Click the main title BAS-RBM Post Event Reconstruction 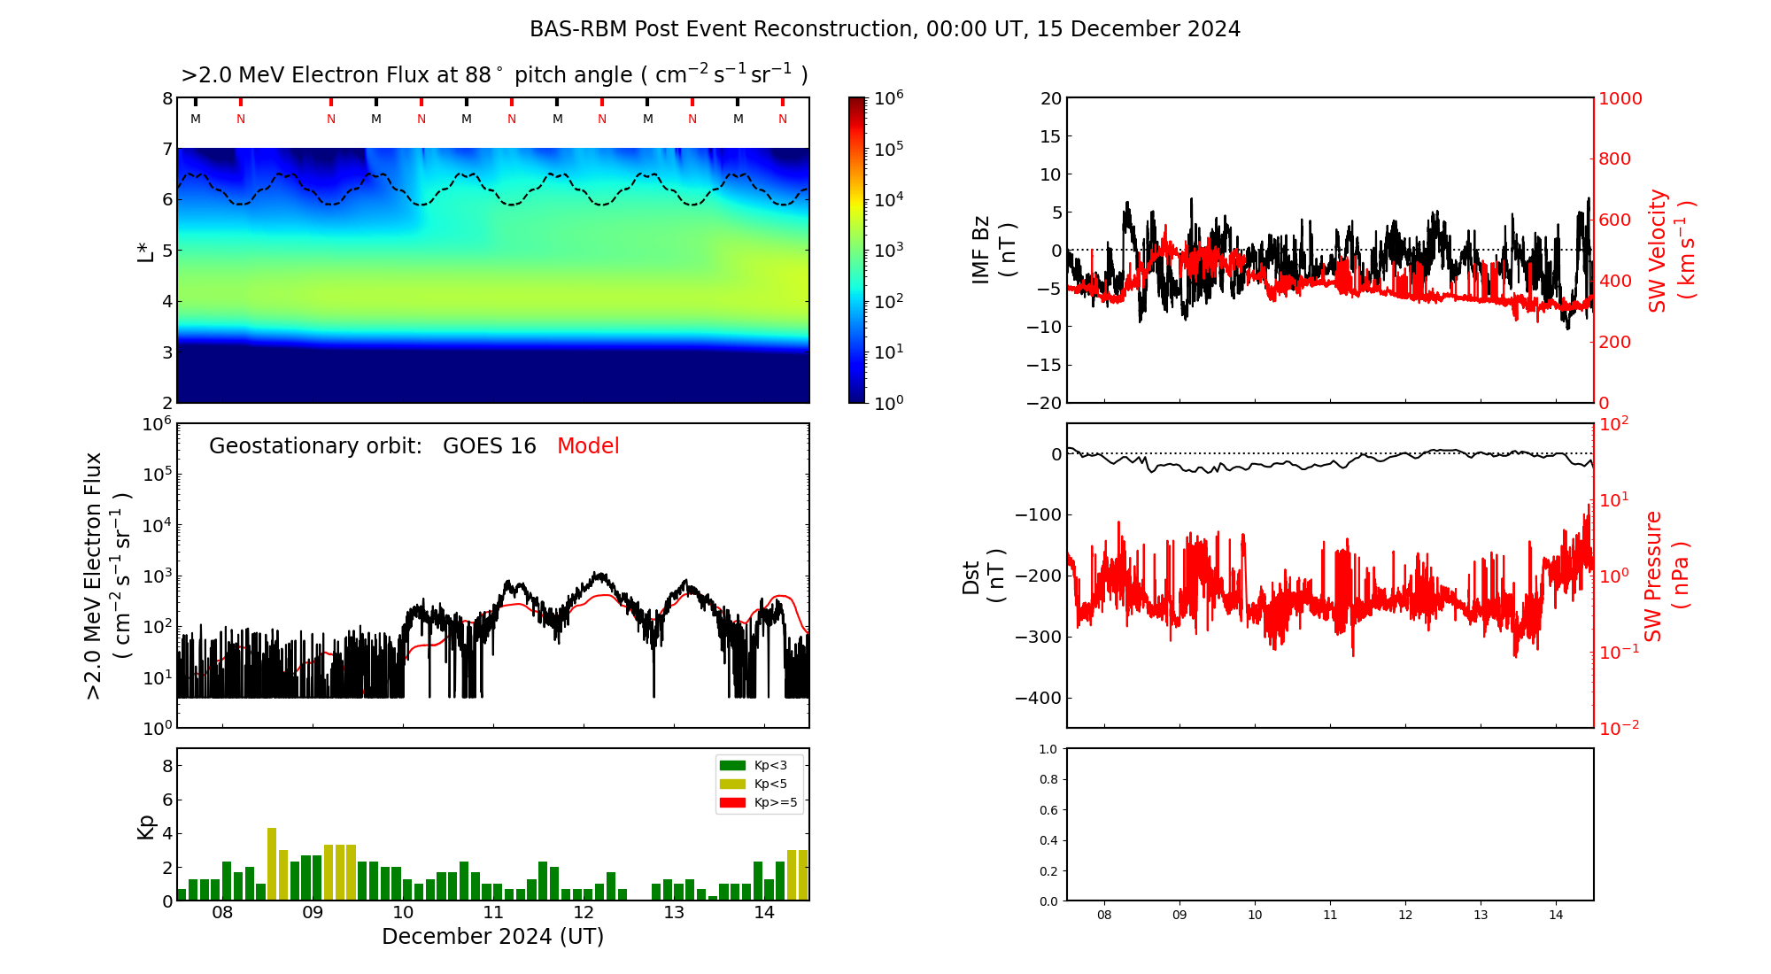885,29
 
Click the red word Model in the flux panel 588,446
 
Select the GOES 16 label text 489,446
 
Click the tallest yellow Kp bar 272,863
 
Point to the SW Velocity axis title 1670,250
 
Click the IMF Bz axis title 993,250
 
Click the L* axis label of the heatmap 146,250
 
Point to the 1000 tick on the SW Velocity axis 1620,98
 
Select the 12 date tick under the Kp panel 584,913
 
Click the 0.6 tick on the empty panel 1048,810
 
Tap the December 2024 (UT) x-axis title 492,937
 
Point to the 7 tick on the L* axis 166,149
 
